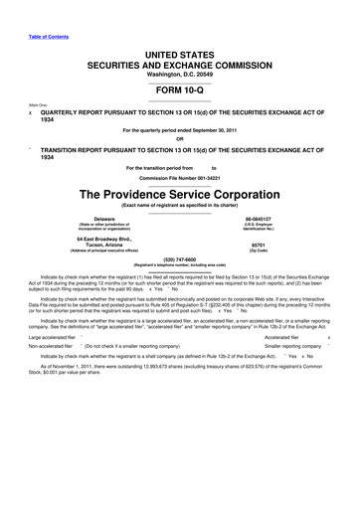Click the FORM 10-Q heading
179,87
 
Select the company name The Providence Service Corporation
179,193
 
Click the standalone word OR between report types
179,138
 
